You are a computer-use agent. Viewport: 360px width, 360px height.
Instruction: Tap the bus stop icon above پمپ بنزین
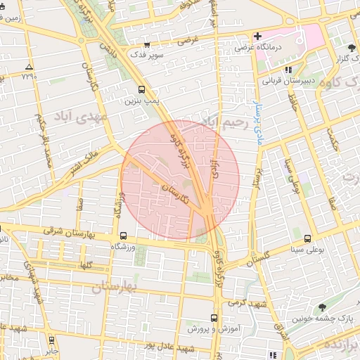click(142, 90)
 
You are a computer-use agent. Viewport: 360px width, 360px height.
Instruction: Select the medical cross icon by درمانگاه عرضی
click(258, 36)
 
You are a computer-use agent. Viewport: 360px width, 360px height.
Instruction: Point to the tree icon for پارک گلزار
click(352, 49)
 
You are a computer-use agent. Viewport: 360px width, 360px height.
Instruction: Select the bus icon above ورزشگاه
click(124, 236)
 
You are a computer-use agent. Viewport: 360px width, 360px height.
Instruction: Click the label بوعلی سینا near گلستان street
click(307, 249)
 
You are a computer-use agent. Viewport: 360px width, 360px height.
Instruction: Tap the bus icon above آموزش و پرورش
click(215, 317)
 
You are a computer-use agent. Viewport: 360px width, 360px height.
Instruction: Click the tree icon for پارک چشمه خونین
click(322, 307)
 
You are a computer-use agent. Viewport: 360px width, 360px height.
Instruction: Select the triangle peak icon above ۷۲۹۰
click(28, 66)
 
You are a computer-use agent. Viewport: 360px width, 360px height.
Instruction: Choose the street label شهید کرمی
click(250, 302)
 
